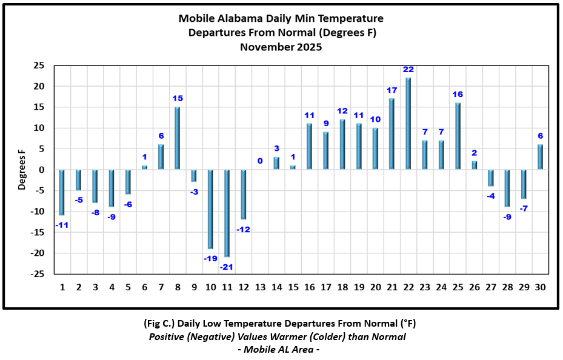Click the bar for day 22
coord(408,124)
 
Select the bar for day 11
coord(227,213)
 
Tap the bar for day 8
coord(178,138)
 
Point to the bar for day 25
coord(458,136)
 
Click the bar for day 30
coord(540,157)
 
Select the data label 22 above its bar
coord(408,70)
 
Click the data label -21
coord(227,267)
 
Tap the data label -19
coord(210,259)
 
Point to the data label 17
coord(391,90)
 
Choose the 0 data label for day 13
coord(260,161)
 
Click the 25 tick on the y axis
coord(39,65)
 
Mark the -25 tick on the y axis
coord(38,274)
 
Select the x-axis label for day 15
coord(293,287)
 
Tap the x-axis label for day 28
coord(507,287)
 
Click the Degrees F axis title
coord(22,170)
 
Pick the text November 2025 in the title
coord(281,46)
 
